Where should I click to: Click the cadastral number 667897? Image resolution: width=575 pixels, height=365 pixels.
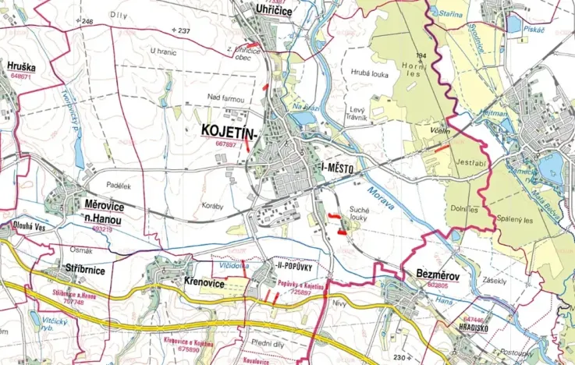[x=225, y=144]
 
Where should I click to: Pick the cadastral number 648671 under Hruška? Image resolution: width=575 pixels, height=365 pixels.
[x=20, y=77]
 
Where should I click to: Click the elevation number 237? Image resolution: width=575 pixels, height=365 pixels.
[x=183, y=30]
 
